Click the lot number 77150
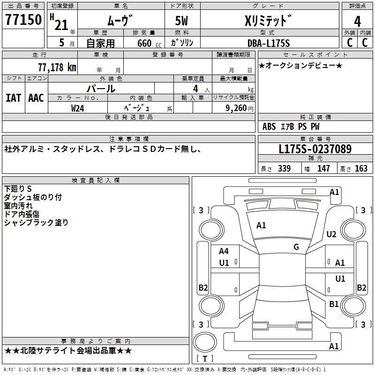click(x=23, y=19)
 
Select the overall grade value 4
click(x=357, y=22)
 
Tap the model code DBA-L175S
click(x=269, y=43)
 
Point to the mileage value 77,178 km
click(x=57, y=67)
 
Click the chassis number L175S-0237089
click(x=315, y=149)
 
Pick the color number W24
click(x=77, y=108)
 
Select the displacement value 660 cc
click(x=150, y=43)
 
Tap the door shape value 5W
click(x=181, y=21)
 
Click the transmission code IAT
click(x=14, y=98)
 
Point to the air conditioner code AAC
click(x=36, y=98)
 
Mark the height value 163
click(x=361, y=168)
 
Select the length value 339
click(x=285, y=168)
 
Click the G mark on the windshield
click(x=296, y=247)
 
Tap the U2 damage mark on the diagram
click(x=331, y=234)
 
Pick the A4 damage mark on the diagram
click(x=224, y=251)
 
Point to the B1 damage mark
click(x=334, y=304)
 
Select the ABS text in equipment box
click(x=269, y=127)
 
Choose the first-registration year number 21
click(x=61, y=25)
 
